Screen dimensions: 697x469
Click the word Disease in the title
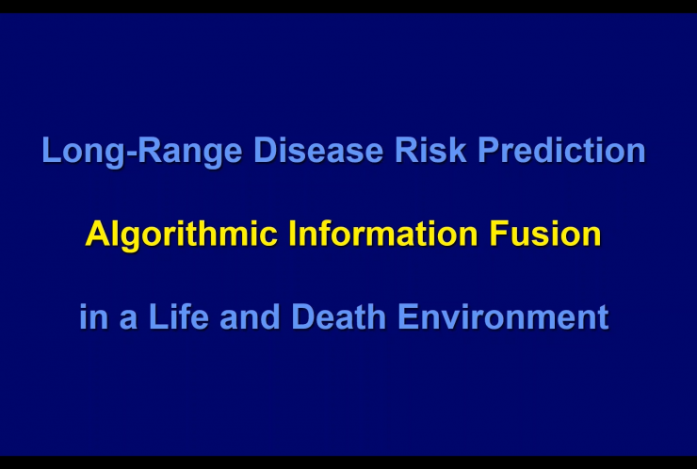coord(318,151)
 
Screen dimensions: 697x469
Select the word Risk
coord(430,151)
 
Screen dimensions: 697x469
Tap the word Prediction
coord(561,151)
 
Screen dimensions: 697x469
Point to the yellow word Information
coord(383,234)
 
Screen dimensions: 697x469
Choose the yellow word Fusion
coord(545,234)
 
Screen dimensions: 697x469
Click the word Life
coord(179,316)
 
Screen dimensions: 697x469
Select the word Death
coord(338,316)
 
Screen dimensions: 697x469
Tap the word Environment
coord(503,316)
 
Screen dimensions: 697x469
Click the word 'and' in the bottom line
coord(250,316)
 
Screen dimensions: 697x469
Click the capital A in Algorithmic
coord(97,234)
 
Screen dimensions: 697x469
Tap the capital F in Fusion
coord(499,234)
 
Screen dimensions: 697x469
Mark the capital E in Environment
coord(408,316)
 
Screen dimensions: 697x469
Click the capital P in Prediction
coord(489,150)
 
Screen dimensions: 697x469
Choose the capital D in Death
coord(302,316)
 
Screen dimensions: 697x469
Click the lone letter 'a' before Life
coord(128,320)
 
